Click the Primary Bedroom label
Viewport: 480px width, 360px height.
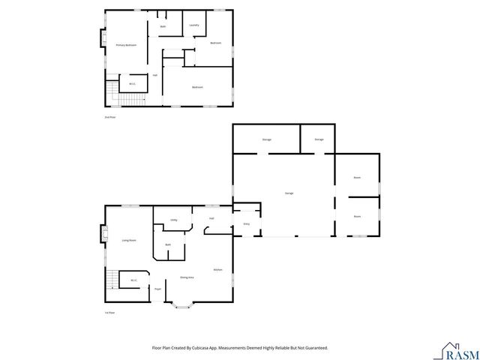point(125,46)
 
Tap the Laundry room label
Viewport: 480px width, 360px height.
point(193,25)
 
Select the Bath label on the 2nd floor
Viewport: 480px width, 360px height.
point(163,27)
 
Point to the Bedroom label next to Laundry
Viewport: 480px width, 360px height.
point(215,43)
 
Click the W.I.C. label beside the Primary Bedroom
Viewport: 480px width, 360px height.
point(132,84)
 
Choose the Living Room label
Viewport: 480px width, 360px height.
point(129,240)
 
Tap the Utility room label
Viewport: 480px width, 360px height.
point(173,220)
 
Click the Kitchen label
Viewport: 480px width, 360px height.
point(217,269)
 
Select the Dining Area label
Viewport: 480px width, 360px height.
point(187,277)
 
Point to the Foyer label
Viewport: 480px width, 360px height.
point(157,288)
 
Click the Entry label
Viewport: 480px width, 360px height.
point(246,223)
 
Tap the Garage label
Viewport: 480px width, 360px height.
point(289,193)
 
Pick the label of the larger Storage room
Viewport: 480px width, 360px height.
point(266,139)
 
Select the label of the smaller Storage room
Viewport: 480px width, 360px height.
point(319,139)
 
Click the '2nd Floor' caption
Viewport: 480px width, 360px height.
point(109,117)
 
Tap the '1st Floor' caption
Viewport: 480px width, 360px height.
point(109,313)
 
